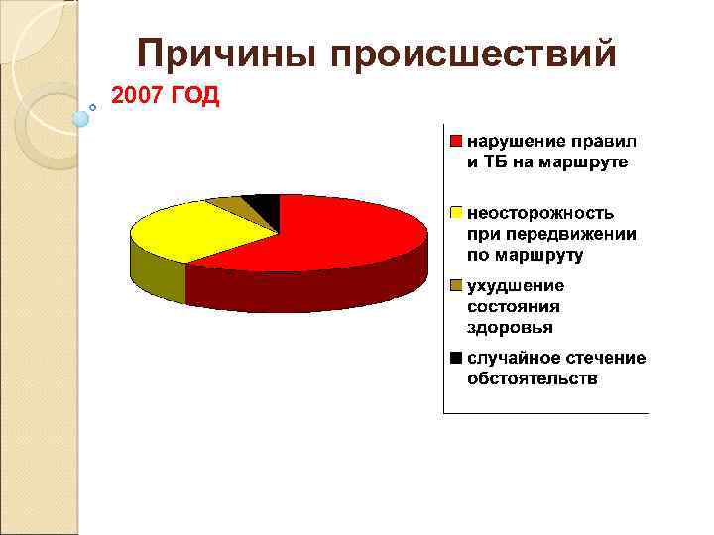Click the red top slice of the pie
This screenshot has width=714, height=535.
click(x=337, y=238)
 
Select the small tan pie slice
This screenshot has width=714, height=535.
click(x=230, y=206)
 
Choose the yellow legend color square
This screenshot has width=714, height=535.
click(x=455, y=212)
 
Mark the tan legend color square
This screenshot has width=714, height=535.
click(x=455, y=286)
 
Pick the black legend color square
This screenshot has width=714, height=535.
click(x=455, y=358)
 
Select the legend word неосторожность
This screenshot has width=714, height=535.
click(x=540, y=212)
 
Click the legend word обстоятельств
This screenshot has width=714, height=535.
click(x=533, y=378)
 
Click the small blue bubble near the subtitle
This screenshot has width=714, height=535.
click(x=81, y=119)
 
